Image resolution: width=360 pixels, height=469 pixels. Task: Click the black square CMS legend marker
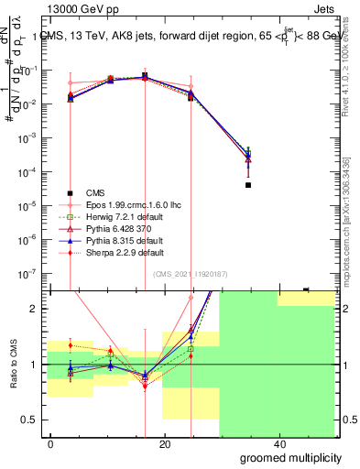[70, 192]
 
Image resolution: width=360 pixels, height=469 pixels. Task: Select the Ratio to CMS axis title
[13, 365]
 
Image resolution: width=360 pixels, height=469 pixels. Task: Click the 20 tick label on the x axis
[164, 443]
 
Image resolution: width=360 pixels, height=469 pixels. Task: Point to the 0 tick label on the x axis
[51, 443]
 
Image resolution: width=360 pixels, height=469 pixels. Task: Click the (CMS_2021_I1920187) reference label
[190, 273]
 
